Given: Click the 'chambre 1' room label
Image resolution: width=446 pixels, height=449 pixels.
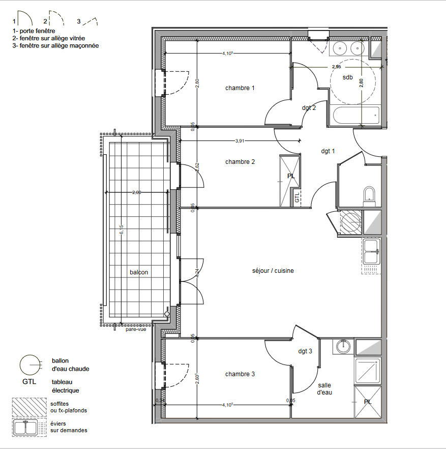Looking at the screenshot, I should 240,88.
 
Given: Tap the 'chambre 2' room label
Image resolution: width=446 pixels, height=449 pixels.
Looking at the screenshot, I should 240,162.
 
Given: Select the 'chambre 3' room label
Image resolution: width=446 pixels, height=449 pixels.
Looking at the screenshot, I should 240,374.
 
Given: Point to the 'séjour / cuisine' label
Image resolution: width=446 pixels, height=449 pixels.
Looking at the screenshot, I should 273,271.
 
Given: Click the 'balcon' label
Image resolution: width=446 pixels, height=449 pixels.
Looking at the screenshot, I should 139,272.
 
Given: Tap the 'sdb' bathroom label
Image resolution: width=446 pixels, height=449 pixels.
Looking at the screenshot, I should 347,77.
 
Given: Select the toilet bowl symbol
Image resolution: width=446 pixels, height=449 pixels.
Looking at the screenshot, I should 369,194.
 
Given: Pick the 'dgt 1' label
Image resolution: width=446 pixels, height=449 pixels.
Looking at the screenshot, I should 328,151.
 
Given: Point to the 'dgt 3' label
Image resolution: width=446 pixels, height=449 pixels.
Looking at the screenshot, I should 305,351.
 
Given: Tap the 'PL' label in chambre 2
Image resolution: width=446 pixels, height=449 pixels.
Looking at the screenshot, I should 291,176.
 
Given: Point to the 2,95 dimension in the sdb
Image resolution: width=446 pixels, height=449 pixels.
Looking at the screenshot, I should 336,67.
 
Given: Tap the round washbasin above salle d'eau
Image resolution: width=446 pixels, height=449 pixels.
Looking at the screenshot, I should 344,347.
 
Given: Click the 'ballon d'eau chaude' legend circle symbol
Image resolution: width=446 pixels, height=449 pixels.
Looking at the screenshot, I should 29,364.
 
